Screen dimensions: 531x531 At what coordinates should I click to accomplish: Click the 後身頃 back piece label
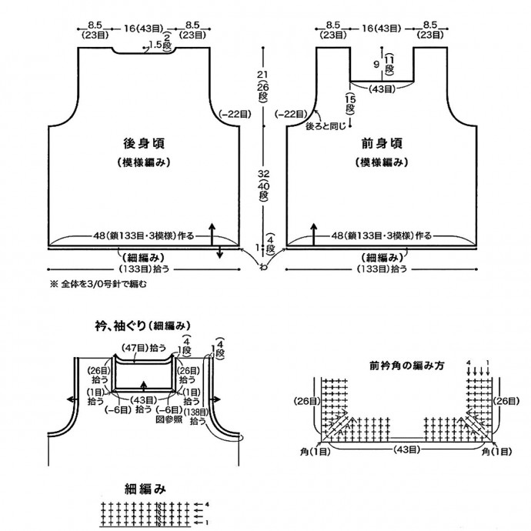pyautogui.click(x=144, y=143)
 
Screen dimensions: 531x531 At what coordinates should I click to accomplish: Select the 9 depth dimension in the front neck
pyautogui.click(x=376, y=65)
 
